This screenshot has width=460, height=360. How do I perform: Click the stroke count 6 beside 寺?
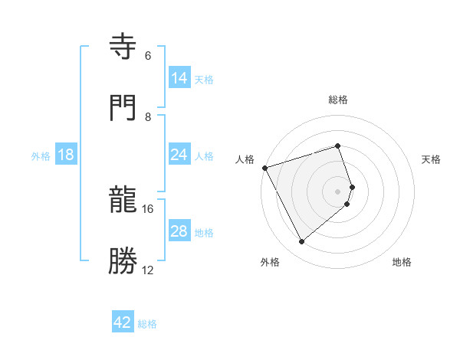tap(148, 56)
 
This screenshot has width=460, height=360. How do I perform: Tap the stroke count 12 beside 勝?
tap(148, 270)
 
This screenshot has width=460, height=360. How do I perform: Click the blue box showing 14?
tap(179, 77)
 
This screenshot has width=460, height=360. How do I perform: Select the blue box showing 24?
tap(179, 155)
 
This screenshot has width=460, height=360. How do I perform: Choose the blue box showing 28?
tap(179, 231)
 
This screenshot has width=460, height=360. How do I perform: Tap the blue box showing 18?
tap(66, 155)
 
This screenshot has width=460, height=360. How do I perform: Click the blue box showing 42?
tap(122, 322)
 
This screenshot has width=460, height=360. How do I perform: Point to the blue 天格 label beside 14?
tap(204, 79)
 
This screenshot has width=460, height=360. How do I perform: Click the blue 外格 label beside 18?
tap(41, 156)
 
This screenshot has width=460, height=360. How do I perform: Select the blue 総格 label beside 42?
tap(147, 324)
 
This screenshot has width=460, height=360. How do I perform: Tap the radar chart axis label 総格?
tap(338, 100)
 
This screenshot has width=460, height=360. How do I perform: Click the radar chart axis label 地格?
tap(402, 262)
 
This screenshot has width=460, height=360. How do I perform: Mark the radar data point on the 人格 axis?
tap(264, 167)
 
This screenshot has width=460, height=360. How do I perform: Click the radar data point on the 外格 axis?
tap(301, 241)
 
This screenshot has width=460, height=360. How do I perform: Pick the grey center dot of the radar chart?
tap(338, 191)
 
